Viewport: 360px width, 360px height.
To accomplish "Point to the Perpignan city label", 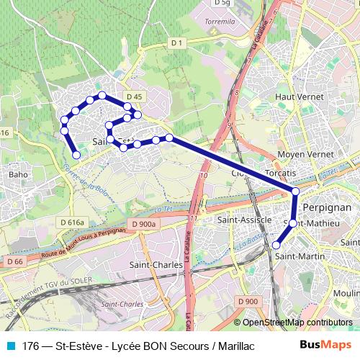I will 328,206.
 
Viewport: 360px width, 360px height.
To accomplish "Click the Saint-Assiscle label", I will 245,218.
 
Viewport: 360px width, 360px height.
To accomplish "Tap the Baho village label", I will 18,174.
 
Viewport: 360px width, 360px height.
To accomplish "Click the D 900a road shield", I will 144,225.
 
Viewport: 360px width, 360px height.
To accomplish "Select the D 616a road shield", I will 73,222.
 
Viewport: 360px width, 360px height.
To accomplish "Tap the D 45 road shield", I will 132,96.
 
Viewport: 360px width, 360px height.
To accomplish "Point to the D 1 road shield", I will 177,44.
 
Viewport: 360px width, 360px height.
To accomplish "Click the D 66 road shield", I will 14,261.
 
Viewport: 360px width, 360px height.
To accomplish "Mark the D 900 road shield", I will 246,301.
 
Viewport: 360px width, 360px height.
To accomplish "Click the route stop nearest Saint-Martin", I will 276,246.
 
